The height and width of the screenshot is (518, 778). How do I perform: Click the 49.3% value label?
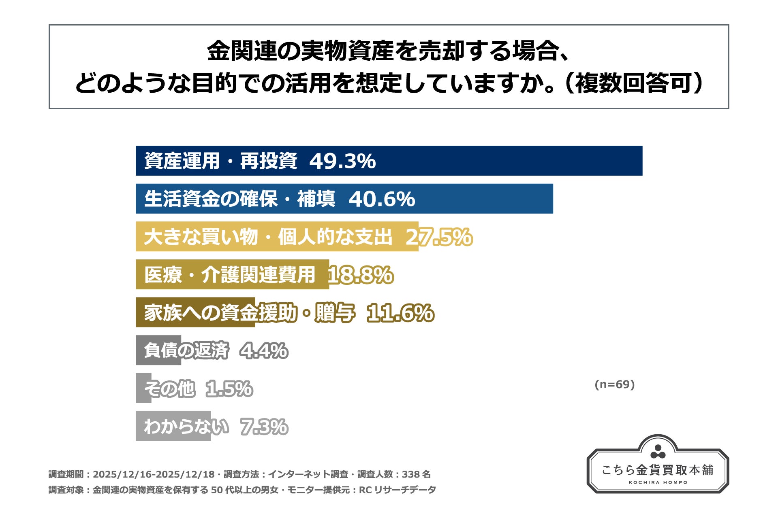pos(342,161)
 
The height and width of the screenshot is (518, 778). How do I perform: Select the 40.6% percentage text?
pos(382,199)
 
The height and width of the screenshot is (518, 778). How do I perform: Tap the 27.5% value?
pos(439,237)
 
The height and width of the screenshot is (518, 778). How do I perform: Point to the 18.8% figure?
pos(360,275)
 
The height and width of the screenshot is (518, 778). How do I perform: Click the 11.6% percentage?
pos(400,313)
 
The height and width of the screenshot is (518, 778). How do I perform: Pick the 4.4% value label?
pos(264,351)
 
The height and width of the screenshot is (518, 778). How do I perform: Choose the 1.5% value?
pos(229,389)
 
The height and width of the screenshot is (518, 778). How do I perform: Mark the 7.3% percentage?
pos(264,427)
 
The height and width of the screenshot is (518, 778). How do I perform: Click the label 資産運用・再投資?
pos(221,161)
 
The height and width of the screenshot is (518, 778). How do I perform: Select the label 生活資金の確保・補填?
pos(239,199)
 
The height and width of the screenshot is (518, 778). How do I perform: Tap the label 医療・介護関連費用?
pos(230,275)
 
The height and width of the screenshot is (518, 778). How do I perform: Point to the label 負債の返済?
pos(186,351)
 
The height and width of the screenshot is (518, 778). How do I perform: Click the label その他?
pos(169,389)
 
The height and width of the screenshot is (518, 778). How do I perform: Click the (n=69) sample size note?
pos(614,384)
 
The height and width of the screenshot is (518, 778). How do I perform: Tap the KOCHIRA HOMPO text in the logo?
pos(658,482)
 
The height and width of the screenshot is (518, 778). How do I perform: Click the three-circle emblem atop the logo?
pos(658,451)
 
